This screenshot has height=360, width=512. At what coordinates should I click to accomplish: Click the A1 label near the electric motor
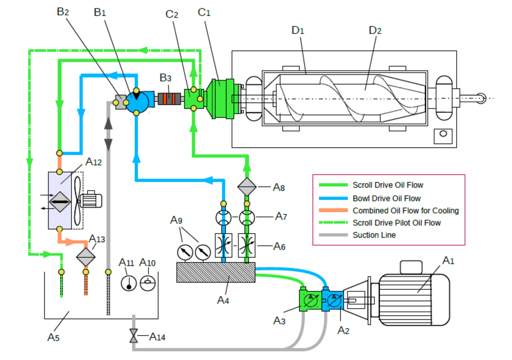(x=448, y=261)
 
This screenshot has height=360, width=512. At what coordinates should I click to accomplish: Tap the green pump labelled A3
(x=309, y=300)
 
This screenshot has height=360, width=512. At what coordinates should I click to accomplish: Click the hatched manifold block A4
(x=216, y=272)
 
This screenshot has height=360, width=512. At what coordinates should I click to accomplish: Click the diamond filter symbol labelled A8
(x=247, y=187)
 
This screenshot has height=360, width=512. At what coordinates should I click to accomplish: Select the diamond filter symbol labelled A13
(x=86, y=257)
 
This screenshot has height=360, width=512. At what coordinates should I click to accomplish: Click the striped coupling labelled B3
(x=167, y=99)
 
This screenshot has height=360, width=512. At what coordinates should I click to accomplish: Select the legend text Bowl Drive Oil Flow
(x=387, y=198)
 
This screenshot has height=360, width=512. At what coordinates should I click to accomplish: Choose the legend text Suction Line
(x=374, y=235)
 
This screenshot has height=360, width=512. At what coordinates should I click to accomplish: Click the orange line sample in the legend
(x=331, y=211)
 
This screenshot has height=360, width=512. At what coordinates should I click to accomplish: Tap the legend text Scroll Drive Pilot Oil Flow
(x=397, y=223)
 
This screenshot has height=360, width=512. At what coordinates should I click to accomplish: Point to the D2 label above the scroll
(x=375, y=30)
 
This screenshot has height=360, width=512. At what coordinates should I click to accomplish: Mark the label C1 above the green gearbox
(x=204, y=12)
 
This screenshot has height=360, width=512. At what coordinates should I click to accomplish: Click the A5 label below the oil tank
(x=53, y=338)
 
